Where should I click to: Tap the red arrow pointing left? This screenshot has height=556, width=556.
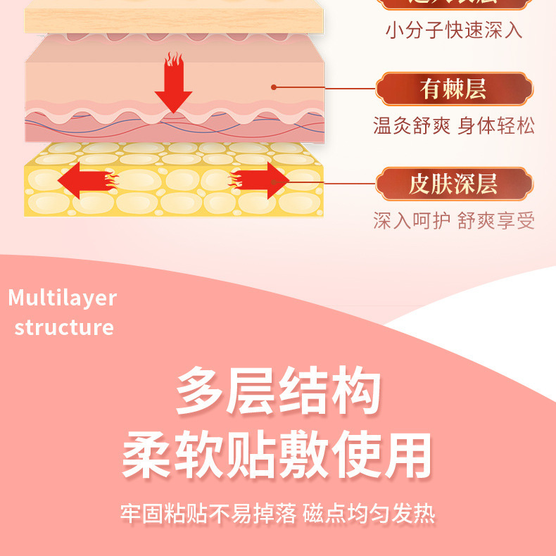coord(84,180)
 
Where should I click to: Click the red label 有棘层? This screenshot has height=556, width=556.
coord(453,89)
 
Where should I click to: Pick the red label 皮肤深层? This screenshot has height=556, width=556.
coord(453,184)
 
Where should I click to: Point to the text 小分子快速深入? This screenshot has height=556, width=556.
coord(454,30)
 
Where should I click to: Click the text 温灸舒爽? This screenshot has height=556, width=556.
coord(411,126)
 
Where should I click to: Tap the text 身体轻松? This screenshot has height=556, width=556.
coord(496,126)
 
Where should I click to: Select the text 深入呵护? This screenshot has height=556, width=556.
coord(411,221)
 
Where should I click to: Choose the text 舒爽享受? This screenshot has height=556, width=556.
coord(496,221)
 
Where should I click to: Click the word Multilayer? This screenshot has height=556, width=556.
coord(62,298)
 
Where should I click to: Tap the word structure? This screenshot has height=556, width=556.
coord(64,327)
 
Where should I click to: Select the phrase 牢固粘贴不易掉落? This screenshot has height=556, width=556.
coord(208,514)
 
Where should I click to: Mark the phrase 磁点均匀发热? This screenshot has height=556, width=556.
coord(369,514)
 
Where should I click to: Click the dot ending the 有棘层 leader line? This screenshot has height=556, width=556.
coord(274,87)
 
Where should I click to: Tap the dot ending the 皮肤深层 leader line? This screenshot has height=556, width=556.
coord(275,183)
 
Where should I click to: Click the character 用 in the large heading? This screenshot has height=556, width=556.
coord(407,455)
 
